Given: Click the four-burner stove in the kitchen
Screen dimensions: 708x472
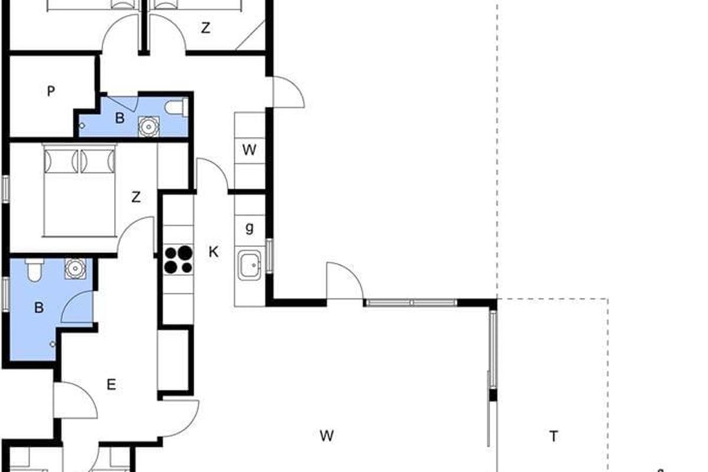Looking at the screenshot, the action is (x=179, y=260).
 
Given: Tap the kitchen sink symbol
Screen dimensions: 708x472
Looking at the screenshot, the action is (x=250, y=265).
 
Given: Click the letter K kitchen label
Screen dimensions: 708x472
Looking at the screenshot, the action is (x=214, y=252).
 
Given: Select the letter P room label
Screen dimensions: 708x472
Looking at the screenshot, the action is (x=51, y=91).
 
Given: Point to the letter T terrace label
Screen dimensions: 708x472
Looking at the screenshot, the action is (x=553, y=436).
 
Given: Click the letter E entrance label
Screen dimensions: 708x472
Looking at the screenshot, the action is (x=112, y=385).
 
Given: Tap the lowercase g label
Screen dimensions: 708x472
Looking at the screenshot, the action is (x=250, y=228).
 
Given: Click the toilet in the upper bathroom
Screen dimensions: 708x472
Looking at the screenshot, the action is (x=177, y=107).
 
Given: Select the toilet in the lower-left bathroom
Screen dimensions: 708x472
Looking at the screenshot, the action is (x=34, y=270).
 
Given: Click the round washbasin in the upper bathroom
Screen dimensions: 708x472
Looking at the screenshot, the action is (x=149, y=126).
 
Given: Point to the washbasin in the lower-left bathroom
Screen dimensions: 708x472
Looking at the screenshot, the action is (x=76, y=268).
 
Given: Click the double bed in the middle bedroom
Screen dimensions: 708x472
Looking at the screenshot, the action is (x=80, y=191).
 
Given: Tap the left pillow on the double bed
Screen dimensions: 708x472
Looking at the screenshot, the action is (x=61, y=161).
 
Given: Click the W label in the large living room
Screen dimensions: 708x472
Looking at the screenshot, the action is (x=326, y=436).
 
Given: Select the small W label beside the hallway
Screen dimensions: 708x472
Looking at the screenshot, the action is (x=250, y=150).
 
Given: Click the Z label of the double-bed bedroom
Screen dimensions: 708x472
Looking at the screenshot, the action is (x=136, y=197).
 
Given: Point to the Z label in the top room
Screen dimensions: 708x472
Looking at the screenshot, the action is (x=205, y=28).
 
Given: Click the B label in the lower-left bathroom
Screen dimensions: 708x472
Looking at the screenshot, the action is (x=39, y=307).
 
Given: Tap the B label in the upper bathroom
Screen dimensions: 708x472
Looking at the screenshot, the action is (x=120, y=118).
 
